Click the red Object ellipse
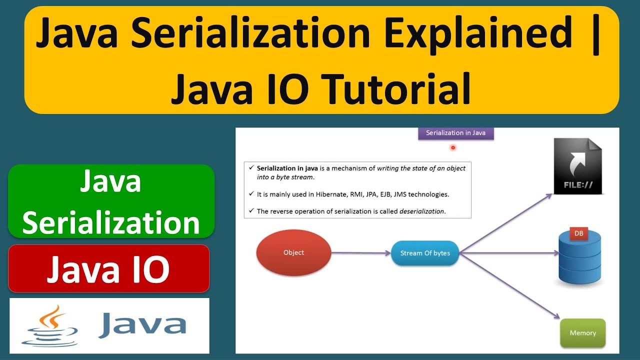click(293, 252)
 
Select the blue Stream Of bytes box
click(425, 253)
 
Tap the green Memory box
click(582, 333)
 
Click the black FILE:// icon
click(577, 166)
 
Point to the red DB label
click(578, 233)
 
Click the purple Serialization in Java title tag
click(455, 133)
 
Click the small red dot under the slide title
click(452, 147)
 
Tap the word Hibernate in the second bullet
click(327, 194)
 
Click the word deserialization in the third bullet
click(422, 211)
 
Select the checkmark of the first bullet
click(250, 168)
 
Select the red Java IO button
click(108, 268)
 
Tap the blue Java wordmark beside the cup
click(142, 325)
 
